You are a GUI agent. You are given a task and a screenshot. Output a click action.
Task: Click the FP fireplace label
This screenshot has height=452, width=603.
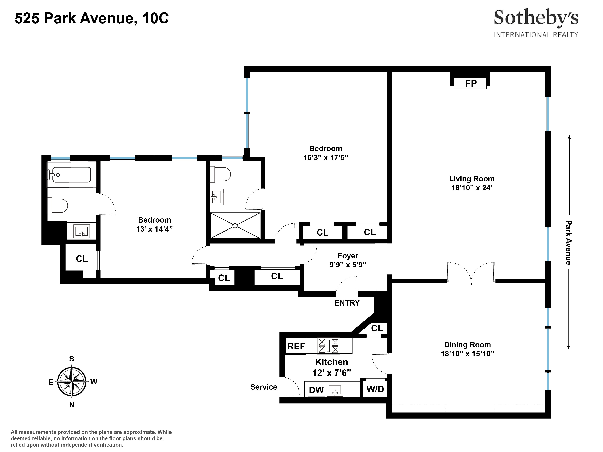click(x=471, y=83)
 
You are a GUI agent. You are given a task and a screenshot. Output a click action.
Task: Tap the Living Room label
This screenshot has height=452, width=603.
click(x=472, y=179)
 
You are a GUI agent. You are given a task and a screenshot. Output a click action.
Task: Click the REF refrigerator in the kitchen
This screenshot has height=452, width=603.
click(x=296, y=346)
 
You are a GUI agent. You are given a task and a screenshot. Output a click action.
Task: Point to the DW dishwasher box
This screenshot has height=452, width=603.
click(x=316, y=390)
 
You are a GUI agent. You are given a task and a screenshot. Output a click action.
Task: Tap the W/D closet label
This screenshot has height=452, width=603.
click(x=375, y=389)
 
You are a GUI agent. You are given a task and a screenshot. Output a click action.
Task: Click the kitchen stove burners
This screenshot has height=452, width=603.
click(x=329, y=346)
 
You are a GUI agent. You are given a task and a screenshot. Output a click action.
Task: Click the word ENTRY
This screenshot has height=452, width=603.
click(x=347, y=303)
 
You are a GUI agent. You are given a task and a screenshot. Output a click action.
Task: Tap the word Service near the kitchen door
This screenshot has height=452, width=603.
click(x=264, y=387)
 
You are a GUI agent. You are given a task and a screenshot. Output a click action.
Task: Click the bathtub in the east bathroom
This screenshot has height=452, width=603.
click(x=71, y=174)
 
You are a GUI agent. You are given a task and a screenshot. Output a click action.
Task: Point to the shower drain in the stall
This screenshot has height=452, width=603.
click(x=235, y=226)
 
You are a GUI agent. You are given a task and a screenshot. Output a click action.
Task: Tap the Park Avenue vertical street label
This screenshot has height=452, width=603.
click(x=568, y=242)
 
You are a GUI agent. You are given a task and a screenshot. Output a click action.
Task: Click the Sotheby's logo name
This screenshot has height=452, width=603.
click(x=536, y=18)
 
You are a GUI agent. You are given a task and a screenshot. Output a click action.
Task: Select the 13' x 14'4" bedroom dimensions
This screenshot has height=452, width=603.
click(x=154, y=229)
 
